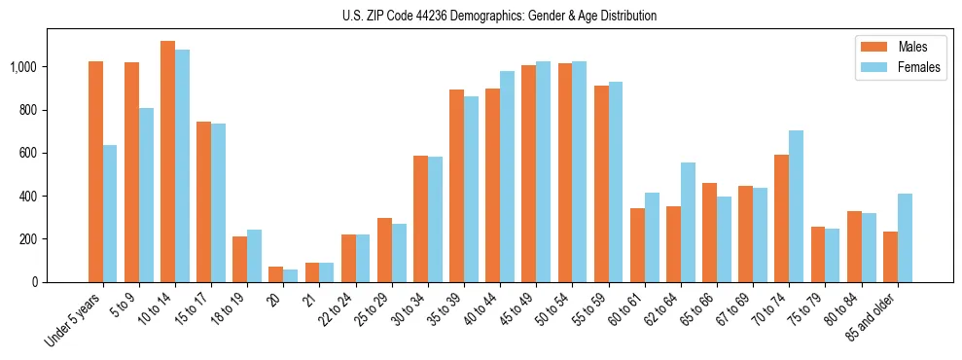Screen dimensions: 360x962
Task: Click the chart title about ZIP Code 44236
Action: tap(499, 16)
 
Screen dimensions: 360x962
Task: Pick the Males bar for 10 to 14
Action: tap(167, 162)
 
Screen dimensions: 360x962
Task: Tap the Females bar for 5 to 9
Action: tap(146, 195)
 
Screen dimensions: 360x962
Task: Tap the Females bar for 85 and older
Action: tap(905, 238)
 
